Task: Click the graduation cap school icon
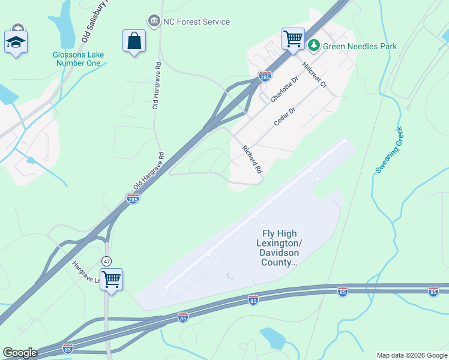(x=16, y=41)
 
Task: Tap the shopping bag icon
(x=134, y=41)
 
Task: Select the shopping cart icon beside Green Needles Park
(x=293, y=39)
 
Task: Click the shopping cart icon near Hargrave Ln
(x=111, y=279)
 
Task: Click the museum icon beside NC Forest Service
(x=154, y=22)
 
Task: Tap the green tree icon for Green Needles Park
(x=313, y=45)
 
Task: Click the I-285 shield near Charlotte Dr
(x=264, y=76)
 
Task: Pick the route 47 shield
(x=106, y=261)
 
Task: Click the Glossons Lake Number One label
(x=78, y=59)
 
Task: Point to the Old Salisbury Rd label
(x=97, y=21)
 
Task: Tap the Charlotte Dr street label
(x=284, y=89)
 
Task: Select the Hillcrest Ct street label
(x=314, y=76)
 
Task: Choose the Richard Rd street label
(x=252, y=159)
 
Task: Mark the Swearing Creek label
(x=389, y=151)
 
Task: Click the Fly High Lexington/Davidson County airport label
(x=280, y=248)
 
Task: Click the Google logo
(x=20, y=353)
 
